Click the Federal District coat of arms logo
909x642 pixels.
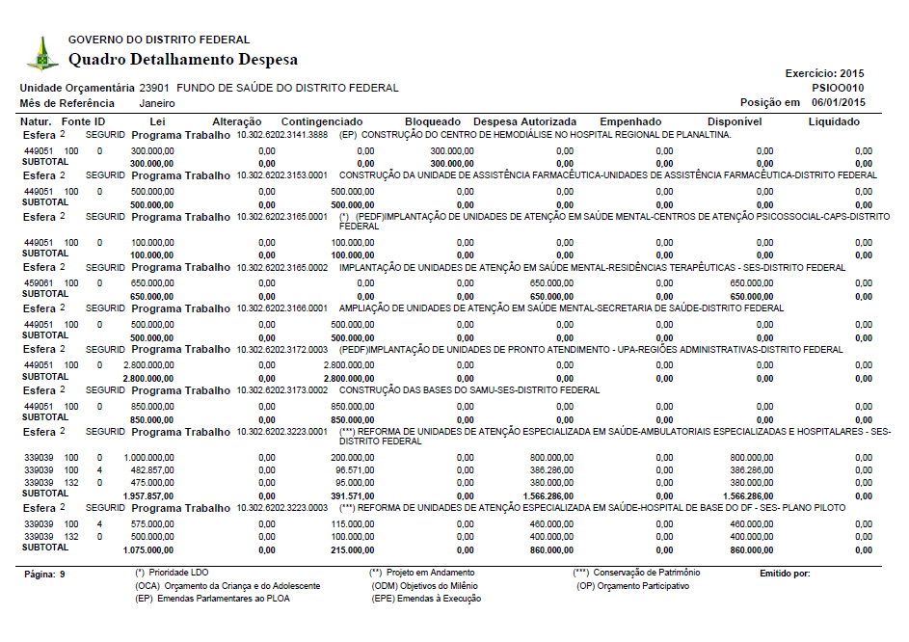coord(41,53)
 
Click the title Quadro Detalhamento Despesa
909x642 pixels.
coord(182,60)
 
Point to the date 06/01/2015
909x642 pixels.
coord(839,102)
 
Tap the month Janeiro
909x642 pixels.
coord(157,102)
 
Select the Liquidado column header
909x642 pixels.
coord(834,121)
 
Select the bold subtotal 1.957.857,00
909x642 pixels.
coord(148,495)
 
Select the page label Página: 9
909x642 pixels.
coord(47,575)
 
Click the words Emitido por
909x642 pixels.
coord(785,574)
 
